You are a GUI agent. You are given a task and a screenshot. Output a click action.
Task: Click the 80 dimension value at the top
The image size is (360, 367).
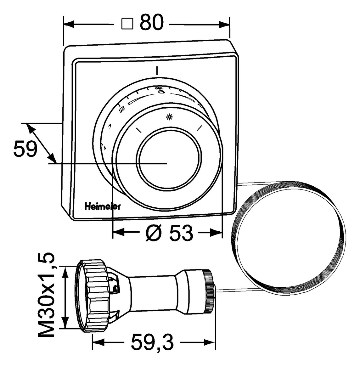click(x=152, y=23)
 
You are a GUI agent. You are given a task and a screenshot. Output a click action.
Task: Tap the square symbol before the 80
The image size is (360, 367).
click(x=127, y=24)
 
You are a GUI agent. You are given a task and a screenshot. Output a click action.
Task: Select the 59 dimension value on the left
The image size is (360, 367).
click(x=25, y=149)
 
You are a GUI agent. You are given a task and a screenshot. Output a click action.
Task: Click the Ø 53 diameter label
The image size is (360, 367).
click(x=169, y=233)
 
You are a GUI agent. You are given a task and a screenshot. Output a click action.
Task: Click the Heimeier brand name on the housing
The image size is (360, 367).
click(x=102, y=206)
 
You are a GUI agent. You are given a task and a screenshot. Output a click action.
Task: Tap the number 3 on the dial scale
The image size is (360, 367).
click(x=161, y=92)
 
